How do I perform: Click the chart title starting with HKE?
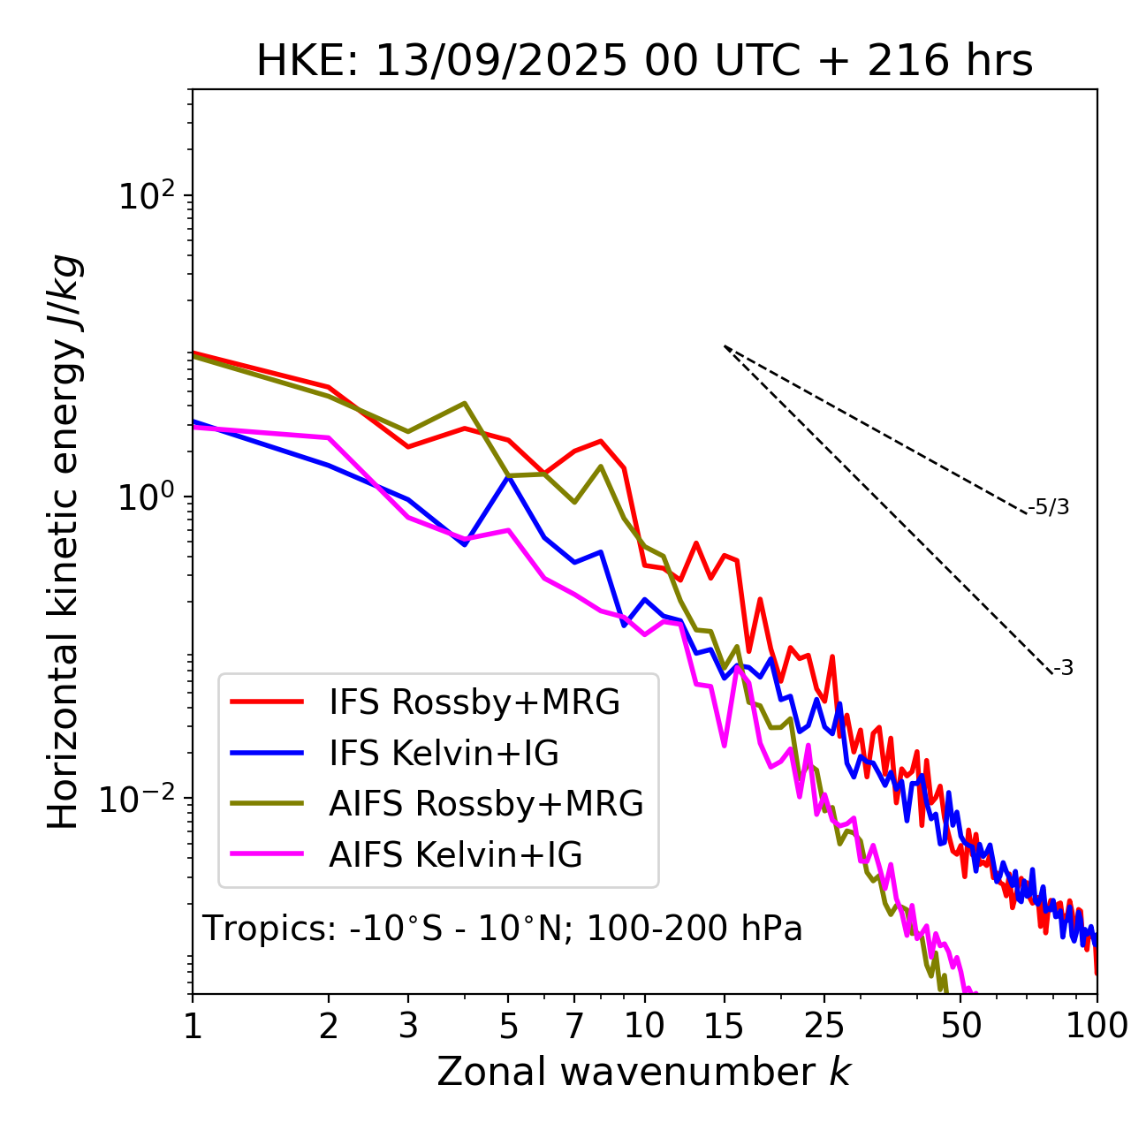point(644,61)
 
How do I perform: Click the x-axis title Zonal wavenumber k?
point(643,1071)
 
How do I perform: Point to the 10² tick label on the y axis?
point(145,196)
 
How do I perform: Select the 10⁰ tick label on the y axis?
point(145,497)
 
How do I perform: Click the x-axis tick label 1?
point(193,1026)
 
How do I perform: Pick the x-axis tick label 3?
point(408,1026)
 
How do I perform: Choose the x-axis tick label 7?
point(574,1026)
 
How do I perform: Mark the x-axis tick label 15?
point(724,1026)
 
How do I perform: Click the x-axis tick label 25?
point(824,1026)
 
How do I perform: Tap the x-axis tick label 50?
point(961,1026)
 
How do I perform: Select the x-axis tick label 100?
point(1097,1026)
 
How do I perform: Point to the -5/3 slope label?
point(1049,508)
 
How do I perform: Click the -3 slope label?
point(1063,669)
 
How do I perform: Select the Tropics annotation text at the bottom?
point(502,929)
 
